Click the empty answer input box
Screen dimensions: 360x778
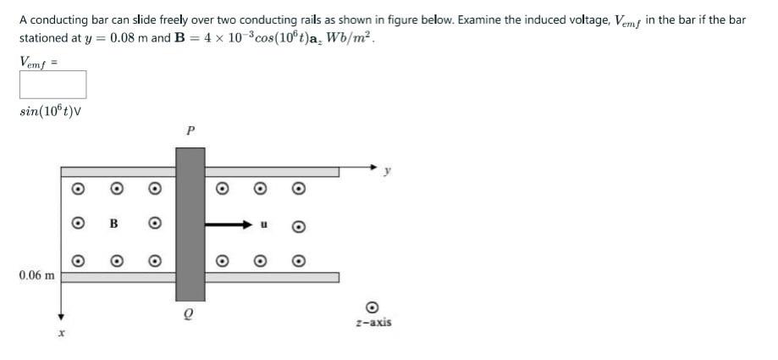[53, 85]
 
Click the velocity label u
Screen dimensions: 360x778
[263, 225]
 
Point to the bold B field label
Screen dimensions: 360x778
[113, 224]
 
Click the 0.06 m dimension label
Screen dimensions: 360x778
[36, 275]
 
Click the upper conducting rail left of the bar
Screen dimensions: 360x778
[119, 172]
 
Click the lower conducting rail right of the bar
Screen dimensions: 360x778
[271, 277]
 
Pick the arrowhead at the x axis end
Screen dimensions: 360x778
[61, 314]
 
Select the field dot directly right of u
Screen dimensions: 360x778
[298, 226]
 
